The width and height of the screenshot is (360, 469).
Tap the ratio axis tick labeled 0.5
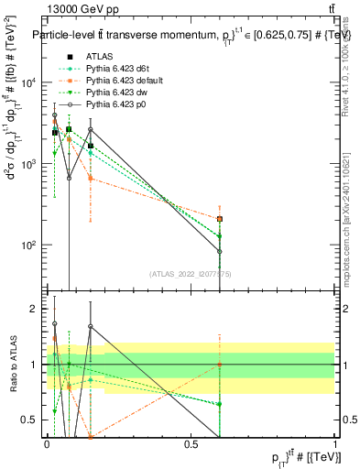tap(34, 420)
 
